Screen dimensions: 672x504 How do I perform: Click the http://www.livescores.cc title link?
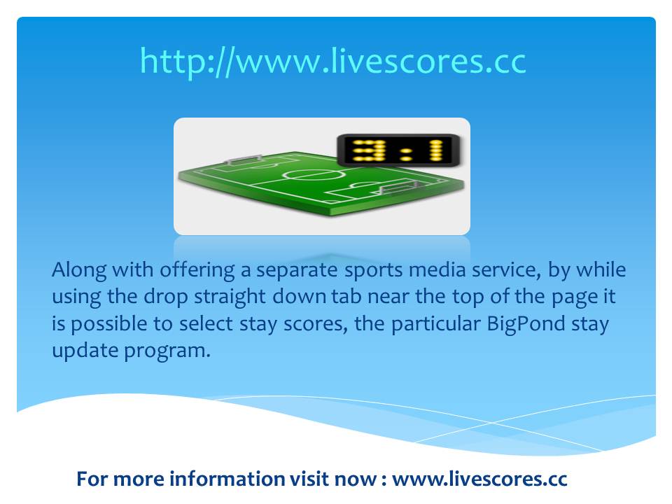click(x=333, y=62)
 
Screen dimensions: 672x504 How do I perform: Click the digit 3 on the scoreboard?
click(x=369, y=150)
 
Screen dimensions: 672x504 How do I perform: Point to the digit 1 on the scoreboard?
click(x=437, y=150)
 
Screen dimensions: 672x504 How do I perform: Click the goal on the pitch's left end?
click(x=244, y=160)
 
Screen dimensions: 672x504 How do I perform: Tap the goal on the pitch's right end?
click(x=399, y=187)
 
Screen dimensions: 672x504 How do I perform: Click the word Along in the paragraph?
click(x=79, y=271)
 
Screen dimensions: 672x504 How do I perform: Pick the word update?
click(x=85, y=351)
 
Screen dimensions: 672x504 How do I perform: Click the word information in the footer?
click(x=227, y=479)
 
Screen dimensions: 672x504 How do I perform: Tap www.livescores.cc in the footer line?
click(x=479, y=479)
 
